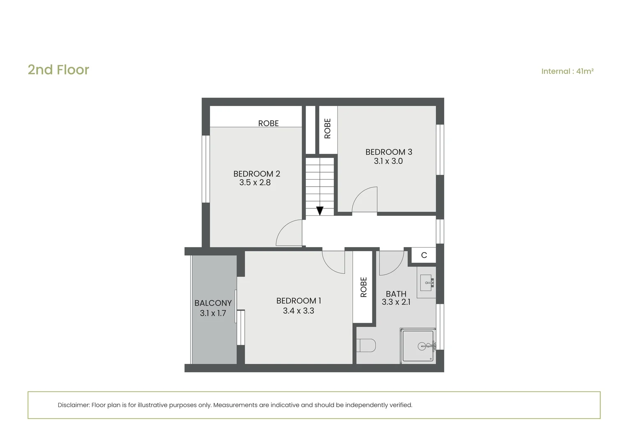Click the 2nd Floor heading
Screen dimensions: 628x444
(58, 70)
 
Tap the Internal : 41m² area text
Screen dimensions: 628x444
(568, 71)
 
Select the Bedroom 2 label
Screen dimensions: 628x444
(256, 173)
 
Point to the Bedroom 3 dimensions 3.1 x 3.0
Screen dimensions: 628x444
(388, 161)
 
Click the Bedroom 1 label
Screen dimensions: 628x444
(298, 301)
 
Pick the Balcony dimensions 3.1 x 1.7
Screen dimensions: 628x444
(213, 313)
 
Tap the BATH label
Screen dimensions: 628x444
(396, 294)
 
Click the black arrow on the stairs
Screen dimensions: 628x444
(320, 210)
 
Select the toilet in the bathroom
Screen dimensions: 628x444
(366, 345)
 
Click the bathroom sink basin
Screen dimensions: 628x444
(427, 282)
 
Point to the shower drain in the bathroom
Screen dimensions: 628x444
(422, 347)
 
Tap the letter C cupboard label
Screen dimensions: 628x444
(424, 255)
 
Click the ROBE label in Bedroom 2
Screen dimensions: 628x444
(268, 123)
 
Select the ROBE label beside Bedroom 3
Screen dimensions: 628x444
(328, 128)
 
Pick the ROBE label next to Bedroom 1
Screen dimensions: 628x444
(363, 287)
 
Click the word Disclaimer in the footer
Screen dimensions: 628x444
(74, 405)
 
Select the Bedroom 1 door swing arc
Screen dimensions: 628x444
(328, 267)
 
